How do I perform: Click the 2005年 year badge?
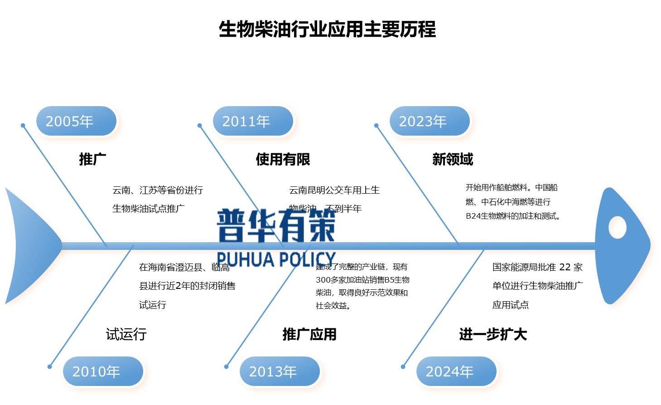click(76, 121)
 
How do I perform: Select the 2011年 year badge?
click(253, 121)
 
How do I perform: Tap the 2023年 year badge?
click(429, 121)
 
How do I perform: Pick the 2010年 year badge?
click(103, 371)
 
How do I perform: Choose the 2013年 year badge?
click(280, 371)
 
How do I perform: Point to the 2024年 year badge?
click(456, 371)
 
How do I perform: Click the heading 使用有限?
click(283, 159)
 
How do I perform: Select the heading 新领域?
click(453, 159)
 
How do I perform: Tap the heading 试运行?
click(126, 334)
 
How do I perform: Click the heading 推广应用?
click(309, 334)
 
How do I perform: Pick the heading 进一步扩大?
click(493, 334)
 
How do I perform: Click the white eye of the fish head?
click(617, 227)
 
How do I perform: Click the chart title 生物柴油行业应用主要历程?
click(327, 29)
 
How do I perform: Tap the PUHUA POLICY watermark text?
click(276, 259)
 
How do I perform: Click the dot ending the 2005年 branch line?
click(23, 126)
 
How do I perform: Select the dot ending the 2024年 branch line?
click(403, 366)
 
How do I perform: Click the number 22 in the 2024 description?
click(565, 267)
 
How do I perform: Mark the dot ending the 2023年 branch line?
click(376, 126)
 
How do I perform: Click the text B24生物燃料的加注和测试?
click(513, 216)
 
